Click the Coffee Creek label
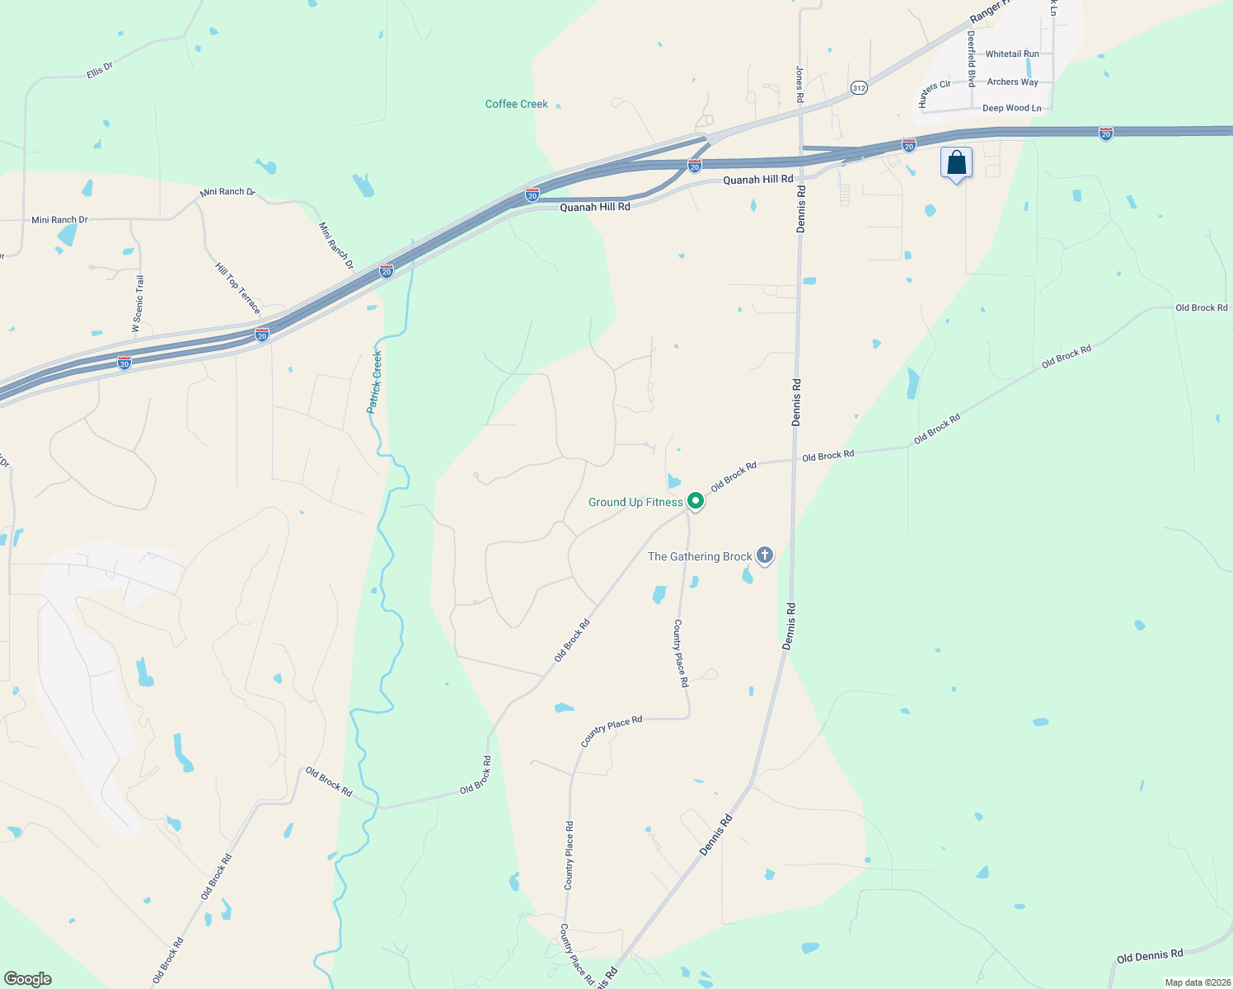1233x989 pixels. click(x=516, y=104)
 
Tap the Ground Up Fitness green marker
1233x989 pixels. click(x=696, y=500)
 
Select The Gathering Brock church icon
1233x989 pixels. click(x=765, y=555)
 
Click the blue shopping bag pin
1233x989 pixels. click(x=956, y=162)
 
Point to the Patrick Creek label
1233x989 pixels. click(x=375, y=382)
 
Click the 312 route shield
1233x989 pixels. click(x=859, y=87)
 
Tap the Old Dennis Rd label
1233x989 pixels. click(x=1149, y=956)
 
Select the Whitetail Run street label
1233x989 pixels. click(x=1012, y=54)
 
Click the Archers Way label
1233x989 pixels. click(x=1012, y=82)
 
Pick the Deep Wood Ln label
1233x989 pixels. click(x=1011, y=108)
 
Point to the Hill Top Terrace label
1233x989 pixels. click(x=237, y=288)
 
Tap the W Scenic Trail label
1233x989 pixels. click(x=138, y=304)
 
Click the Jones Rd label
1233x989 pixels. click(x=799, y=84)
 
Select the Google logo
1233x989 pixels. click(x=28, y=979)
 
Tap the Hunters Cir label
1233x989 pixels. click(x=935, y=94)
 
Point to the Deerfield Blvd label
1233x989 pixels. click(x=972, y=59)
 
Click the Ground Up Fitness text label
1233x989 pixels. click(x=635, y=502)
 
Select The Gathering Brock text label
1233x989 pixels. click(x=700, y=556)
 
